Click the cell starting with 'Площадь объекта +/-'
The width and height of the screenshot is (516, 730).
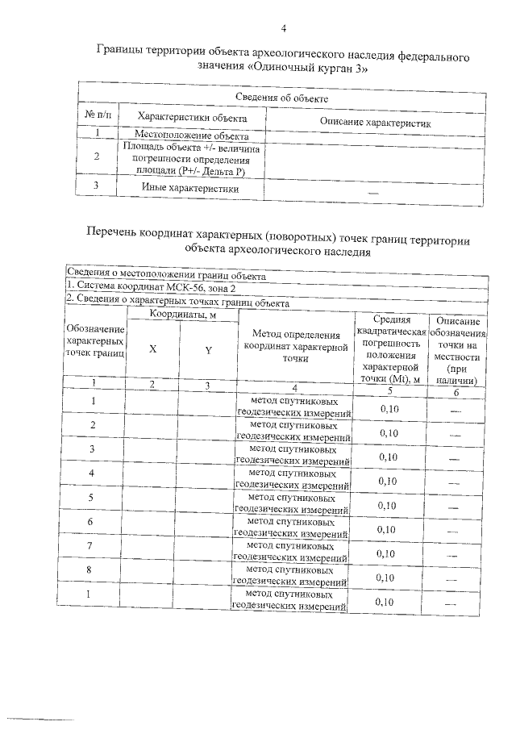coord(191,160)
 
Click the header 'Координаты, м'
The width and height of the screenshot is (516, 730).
coord(182,314)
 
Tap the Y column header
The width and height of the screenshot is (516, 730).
coord(208,350)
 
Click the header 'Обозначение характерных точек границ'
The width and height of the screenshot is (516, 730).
coord(95,342)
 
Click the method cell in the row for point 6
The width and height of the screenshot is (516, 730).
coord(293,528)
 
